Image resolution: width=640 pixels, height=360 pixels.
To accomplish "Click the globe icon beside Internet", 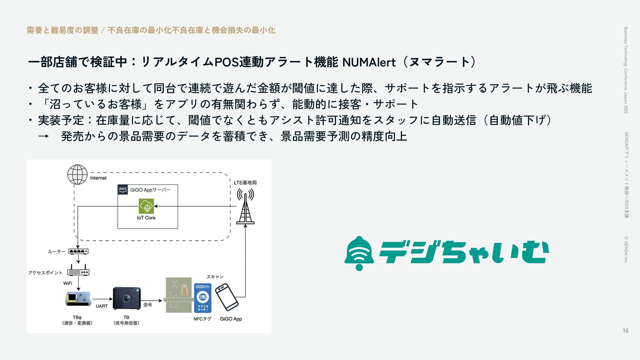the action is click(x=77, y=174).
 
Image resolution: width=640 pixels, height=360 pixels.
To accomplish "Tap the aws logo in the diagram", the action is click(x=123, y=190).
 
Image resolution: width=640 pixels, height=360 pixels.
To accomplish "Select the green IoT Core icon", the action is click(x=146, y=206).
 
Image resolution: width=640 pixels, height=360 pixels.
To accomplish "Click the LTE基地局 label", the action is click(x=245, y=183).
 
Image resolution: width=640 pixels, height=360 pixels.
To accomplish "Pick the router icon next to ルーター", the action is click(x=78, y=251).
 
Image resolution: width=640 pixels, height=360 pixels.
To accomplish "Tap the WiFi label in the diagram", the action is click(x=68, y=283).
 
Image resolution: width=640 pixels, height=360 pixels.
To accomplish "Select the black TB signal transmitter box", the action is click(x=126, y=298).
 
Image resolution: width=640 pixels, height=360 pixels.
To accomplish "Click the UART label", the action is click(x=102, y=306).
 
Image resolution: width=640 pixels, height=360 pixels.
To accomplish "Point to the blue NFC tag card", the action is click(x=202, y=298).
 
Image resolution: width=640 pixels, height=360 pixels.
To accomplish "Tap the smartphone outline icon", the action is click(x=227, y=297).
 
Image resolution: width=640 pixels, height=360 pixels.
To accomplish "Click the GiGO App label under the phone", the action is click(x=231, y=319).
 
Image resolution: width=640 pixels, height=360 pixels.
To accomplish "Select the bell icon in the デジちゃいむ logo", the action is click(x=359, y=253).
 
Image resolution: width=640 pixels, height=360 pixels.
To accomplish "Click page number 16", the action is click(x=625, y=331).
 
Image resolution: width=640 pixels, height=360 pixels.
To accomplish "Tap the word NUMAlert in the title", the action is click(x=369, y=62).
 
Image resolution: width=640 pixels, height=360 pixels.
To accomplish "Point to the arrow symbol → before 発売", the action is click(x=43, y=136).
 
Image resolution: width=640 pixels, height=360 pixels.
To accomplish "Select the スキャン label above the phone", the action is click(x=215, y=277).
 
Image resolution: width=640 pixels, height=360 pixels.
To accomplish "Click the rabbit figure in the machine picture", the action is click(x=184, y=290).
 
